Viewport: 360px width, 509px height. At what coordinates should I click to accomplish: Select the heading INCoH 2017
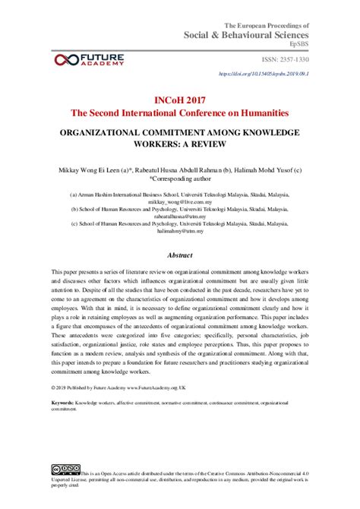click(180, 99)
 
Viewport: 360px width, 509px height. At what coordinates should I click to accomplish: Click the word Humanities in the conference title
click(260, 112)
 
